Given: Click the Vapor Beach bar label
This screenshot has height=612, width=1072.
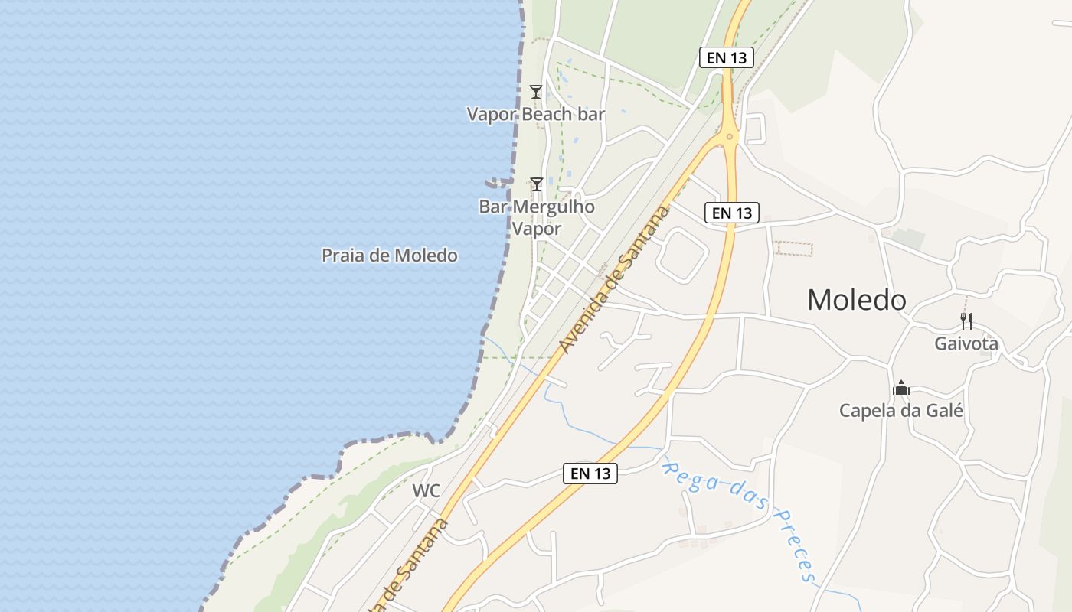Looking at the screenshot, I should [x=536, y=115].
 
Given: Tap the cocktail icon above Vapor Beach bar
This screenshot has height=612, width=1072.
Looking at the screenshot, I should [x=536, y=92].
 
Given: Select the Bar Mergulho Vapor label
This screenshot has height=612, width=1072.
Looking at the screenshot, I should [x=537, y=217].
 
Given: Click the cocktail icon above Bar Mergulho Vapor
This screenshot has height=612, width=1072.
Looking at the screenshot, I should [x=537, y=184].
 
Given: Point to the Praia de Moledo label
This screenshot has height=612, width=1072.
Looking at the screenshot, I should [x=389, y=256].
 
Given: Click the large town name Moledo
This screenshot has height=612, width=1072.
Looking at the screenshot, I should [x=856, y=300].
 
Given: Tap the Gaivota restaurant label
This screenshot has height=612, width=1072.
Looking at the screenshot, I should [x=966, y=344].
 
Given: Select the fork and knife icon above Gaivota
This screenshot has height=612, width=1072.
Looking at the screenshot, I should [x=966, y=321].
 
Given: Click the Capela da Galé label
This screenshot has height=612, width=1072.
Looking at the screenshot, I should [x=900, y=411].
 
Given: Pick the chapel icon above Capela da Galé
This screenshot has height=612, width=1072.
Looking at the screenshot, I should [x=901, y=389].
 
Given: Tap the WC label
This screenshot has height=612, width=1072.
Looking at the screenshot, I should [x=427, y=491].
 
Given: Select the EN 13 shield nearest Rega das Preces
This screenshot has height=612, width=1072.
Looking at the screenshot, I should [x=590, y=474].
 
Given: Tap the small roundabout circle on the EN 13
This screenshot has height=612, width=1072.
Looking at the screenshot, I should [x=730, y=138].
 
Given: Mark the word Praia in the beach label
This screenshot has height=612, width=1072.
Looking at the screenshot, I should [x=342, y=256].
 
